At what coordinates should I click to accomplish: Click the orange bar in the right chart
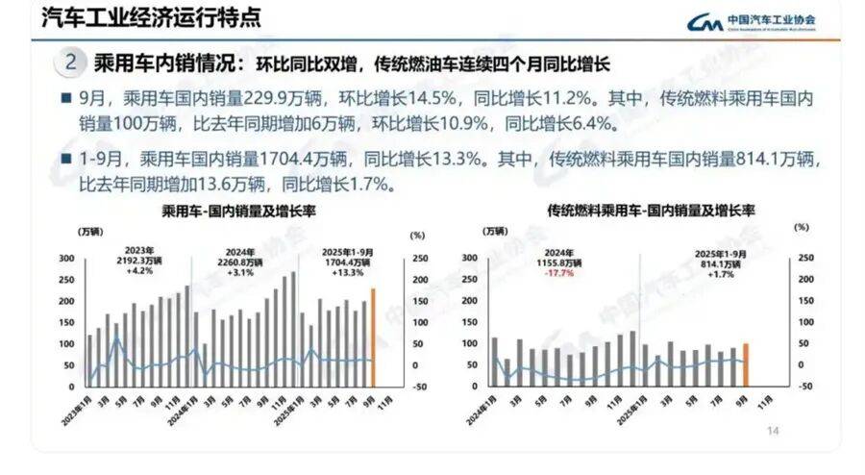(x=745, y=364)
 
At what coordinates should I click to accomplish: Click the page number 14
(x=772, y=431)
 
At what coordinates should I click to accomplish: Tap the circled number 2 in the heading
(x=71, y=63)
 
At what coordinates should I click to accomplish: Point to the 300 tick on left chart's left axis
(x=66, y=259)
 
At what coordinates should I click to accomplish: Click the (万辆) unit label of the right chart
(x=493, y=231)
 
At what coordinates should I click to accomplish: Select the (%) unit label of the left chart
(x=415, y=234)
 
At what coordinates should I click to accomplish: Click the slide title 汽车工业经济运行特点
(x=139, y=17)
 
